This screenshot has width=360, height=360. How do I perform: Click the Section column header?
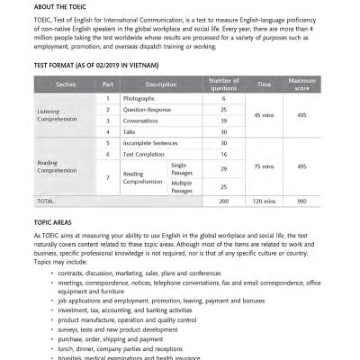coord(66,85)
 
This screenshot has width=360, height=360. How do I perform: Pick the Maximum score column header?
coord(302,85)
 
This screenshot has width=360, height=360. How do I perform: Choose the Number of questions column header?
coord(223,85)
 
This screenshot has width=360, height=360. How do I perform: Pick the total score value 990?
coord(302,201)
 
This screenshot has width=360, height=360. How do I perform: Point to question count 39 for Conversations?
coord(223,121)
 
